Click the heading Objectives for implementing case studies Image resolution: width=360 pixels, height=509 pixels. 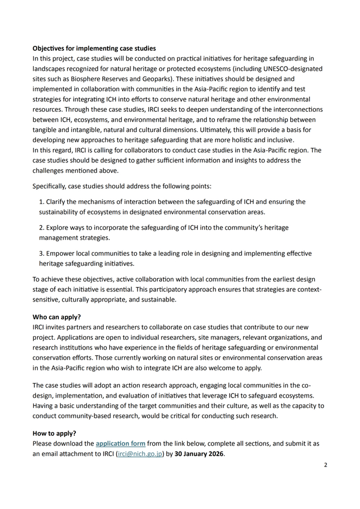[94, 49]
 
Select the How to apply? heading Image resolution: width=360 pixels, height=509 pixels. [55, 434]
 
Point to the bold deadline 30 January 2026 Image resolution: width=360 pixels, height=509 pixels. [199, 454]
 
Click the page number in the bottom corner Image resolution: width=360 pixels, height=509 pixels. [325, 465]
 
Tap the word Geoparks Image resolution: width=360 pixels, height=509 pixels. [156, 79]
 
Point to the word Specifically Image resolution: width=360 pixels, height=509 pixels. [52, 186]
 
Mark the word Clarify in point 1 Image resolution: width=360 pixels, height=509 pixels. [57, 202]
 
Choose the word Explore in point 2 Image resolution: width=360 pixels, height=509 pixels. [58, 227]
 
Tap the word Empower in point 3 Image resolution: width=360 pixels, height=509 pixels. [61, 253]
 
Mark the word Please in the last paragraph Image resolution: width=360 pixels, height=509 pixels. [43, 444]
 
